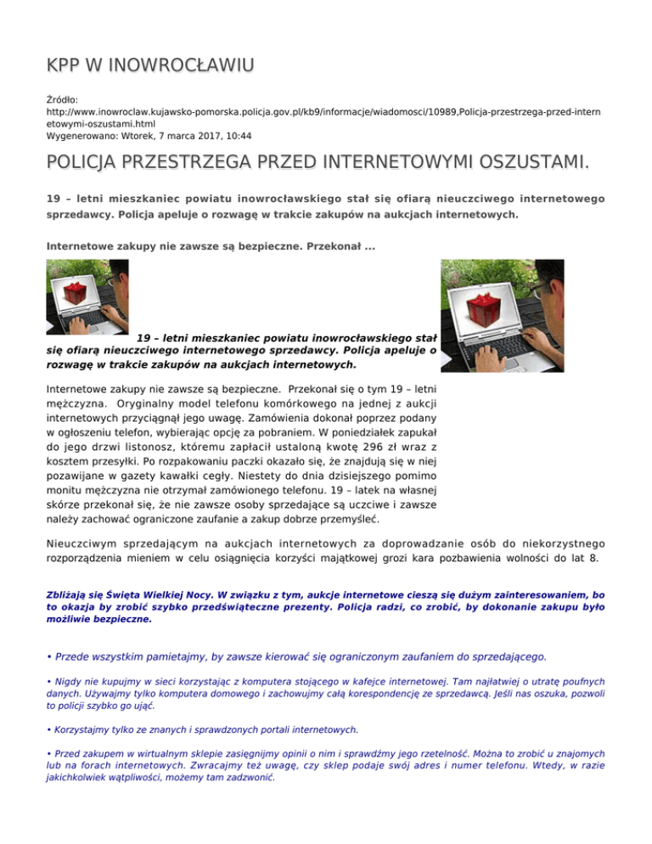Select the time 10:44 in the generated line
click(x=233, y=134)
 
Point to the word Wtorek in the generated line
click(x=138, y=134)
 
